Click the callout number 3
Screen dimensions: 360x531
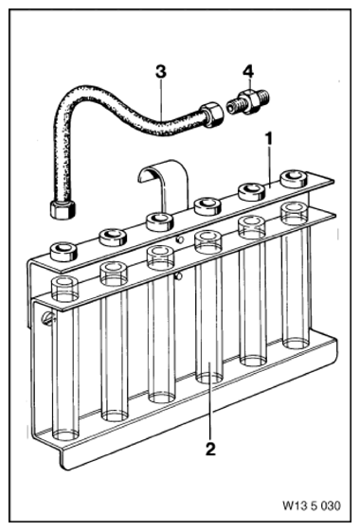(x=161, y=71)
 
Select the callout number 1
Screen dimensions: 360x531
(x=269, y=138)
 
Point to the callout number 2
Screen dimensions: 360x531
(x=210, y=449)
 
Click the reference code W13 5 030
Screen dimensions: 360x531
(x=312, y=505)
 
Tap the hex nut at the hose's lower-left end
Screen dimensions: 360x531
(x=63, y=209)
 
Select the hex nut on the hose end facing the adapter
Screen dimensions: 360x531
(x=212, y=115)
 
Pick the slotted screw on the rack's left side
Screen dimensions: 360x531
(x=48, y=319)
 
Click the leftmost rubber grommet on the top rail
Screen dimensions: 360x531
(x=63, y=251)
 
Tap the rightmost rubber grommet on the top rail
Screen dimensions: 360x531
(x=295, y=179)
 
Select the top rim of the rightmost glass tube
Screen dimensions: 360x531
(x=295, y=210)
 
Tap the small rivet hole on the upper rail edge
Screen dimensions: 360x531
(x=181, y=239)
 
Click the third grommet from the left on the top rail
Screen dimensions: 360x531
(x=160, y=221)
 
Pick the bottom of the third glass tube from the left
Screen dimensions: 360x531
(x=162, y=397)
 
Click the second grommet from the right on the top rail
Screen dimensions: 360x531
(x=252, y=192)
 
